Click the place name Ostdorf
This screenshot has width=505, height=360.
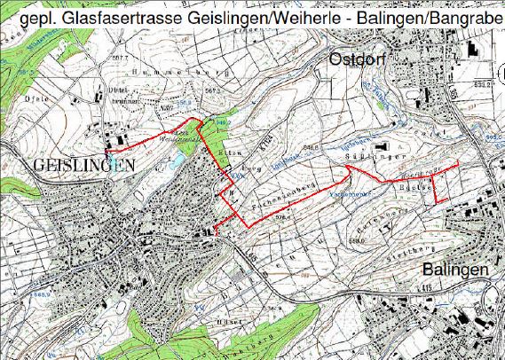[x=359, y=59]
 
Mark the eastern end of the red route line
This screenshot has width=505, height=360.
[x=458, y=165]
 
